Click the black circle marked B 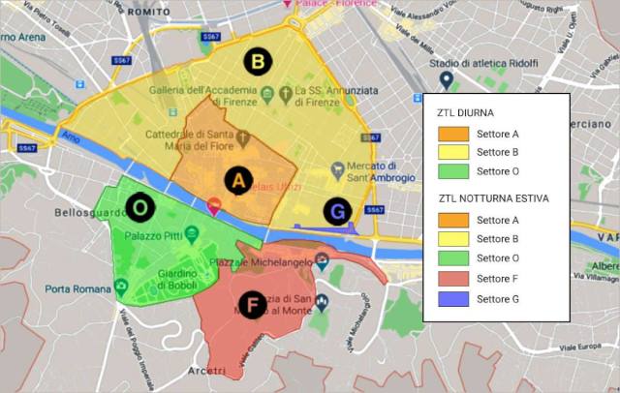[x=258, y=63]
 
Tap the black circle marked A [x=238, y=179]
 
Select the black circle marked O [x=140, y=207]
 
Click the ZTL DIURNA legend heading [x=466, y=113]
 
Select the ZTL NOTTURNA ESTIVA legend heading [x=493, y=198]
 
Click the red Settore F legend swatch [x=453, y=279]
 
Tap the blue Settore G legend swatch [x=453, y=298]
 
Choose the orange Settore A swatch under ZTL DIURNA [x=453, y=134]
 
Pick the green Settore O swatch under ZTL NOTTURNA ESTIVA [x=453, y=258]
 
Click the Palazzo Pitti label [x=153, y=234]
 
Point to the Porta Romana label [x=77, y=288]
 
